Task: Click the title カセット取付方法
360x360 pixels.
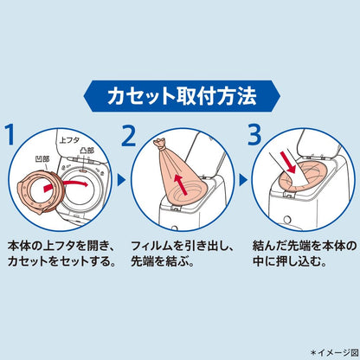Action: coord(182,96)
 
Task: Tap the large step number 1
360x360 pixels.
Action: coord(10,135)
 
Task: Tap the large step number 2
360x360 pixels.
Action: coord(128,135)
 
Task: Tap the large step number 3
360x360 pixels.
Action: coord(254,135)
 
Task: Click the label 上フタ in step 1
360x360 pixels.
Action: coord(69,140)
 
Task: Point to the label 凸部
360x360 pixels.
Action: coord(87,151)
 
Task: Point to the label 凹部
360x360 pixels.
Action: coord(42,159)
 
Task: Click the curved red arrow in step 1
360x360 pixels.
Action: coord(66,186)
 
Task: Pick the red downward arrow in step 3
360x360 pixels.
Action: coord(288,163)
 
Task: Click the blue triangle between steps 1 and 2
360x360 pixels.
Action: coord(122,181)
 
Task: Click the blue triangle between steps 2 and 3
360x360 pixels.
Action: coord(243,181)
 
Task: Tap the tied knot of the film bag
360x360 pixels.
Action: coord(160,145)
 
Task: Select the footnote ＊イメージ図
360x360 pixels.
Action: coord(335,352)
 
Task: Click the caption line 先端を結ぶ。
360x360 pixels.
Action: coord(162,261)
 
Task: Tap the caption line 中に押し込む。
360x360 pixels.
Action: coord(290,261)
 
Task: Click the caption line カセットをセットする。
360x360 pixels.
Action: coord(61,261)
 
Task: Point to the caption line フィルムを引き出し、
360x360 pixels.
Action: coord(183,246)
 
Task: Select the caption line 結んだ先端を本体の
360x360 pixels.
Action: coord(305,246)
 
